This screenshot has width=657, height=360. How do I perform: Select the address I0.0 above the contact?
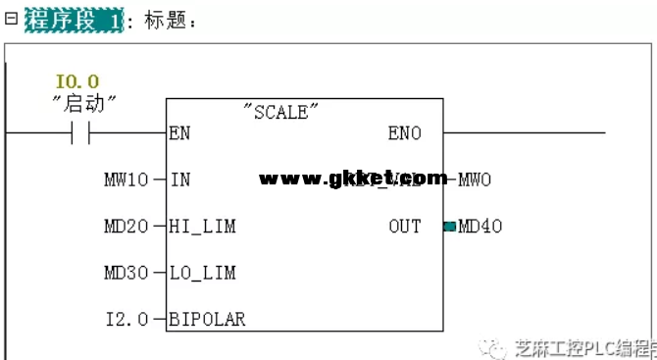click(77, 82)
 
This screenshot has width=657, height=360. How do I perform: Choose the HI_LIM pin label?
click(202, 227)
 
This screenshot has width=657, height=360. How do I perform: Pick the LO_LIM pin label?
click(202, 273)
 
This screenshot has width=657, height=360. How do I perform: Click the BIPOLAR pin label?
click(207, 319)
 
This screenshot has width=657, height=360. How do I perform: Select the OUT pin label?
click(404, 227)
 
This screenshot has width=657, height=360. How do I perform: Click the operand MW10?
click(126, 180)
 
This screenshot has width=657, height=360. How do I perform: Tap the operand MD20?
click(126, 227)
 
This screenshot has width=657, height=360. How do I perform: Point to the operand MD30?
click(126, 273)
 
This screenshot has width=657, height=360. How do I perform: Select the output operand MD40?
click(480, 227)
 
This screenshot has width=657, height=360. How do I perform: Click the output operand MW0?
click(475, 180)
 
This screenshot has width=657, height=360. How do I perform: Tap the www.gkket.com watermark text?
click(352, 179)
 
